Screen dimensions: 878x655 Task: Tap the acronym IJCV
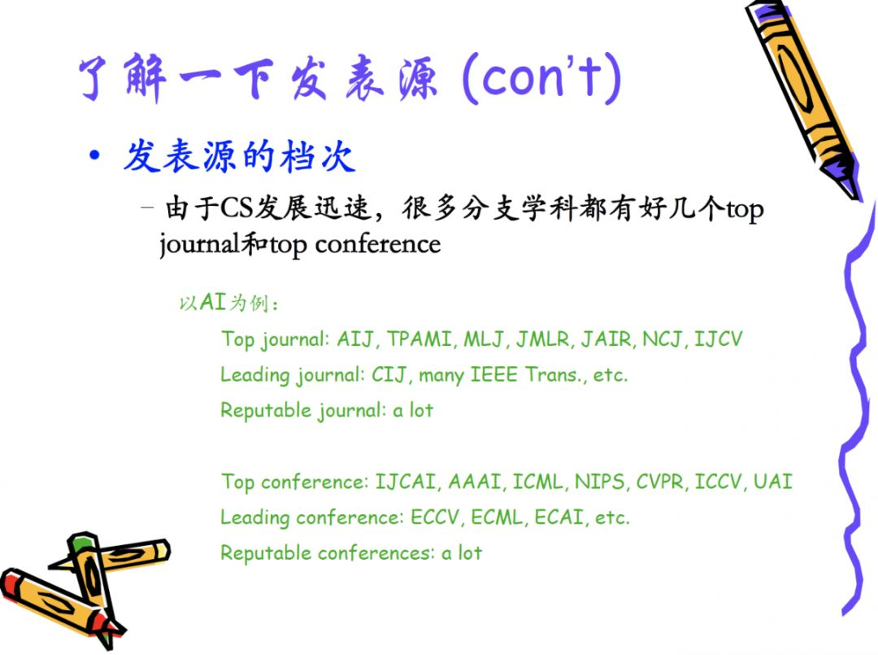click(x=719, y=339)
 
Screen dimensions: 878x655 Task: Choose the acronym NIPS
click(x=599, y=482)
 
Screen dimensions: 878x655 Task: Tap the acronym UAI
click(x=773, y=482)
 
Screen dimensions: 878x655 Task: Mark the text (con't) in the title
click(x=542, y=78)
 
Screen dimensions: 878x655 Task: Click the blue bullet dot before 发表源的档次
click(x=95, y=155)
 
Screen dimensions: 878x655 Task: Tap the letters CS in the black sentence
click(x=237, y=208)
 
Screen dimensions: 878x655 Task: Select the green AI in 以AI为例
click(x=213, y=303)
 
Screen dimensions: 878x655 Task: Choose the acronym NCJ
click(x=663, y=339)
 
